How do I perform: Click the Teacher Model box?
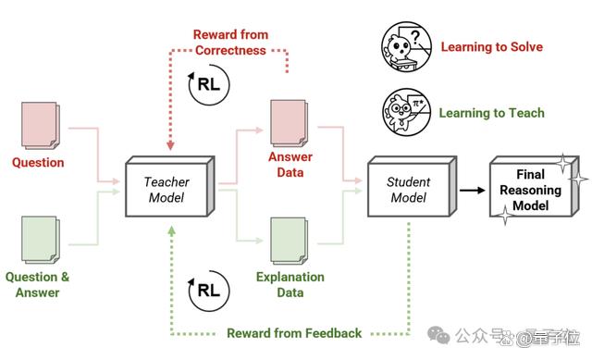(170, 187)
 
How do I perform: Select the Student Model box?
(413, 187)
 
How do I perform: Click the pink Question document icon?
(41, 125)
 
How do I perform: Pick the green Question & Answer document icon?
(41, 240)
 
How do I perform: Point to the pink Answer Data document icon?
(290, 123)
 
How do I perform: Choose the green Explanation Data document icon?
(290, 241)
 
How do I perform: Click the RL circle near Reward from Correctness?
(209, 84)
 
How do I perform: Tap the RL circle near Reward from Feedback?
(209, 291)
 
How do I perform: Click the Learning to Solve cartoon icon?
(406, 46)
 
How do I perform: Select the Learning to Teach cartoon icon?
(406, 112)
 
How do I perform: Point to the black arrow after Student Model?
(473, 190)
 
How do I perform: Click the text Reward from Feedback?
(294, 333)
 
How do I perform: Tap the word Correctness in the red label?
(230, 50)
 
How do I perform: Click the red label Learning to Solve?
(492, 47)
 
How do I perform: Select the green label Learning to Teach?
(491, 113)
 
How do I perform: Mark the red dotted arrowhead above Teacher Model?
(170, 145)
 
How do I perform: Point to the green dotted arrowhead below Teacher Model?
(171, 230)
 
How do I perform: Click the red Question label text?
(38, 163)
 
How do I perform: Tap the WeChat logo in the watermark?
(438, 335)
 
